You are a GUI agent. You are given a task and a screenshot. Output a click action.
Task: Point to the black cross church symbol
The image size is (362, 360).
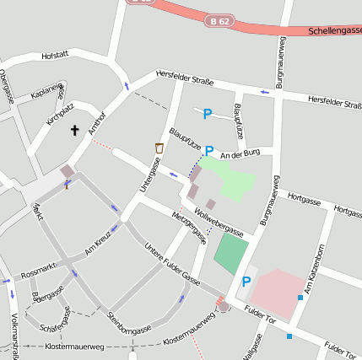pyautogui.click(x=74, y=131)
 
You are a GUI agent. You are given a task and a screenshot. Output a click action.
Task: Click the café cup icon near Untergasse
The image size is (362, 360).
pyautogui.click(x=159, y=148)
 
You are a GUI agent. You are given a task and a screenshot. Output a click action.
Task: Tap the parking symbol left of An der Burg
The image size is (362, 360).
pyautogui.click(x=208, y=151)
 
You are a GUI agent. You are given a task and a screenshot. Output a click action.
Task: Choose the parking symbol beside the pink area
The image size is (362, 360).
pyautogui.click(x=246, y=282)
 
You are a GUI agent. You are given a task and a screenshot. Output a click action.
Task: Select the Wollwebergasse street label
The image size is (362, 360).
pyautogui.click(x=218, y=221)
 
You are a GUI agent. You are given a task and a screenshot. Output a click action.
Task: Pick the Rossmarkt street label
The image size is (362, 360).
pyautogui.click(x=39, y=269)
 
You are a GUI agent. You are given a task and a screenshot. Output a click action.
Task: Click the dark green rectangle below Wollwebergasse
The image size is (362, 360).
pyautogui.click(x=231, y=254)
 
